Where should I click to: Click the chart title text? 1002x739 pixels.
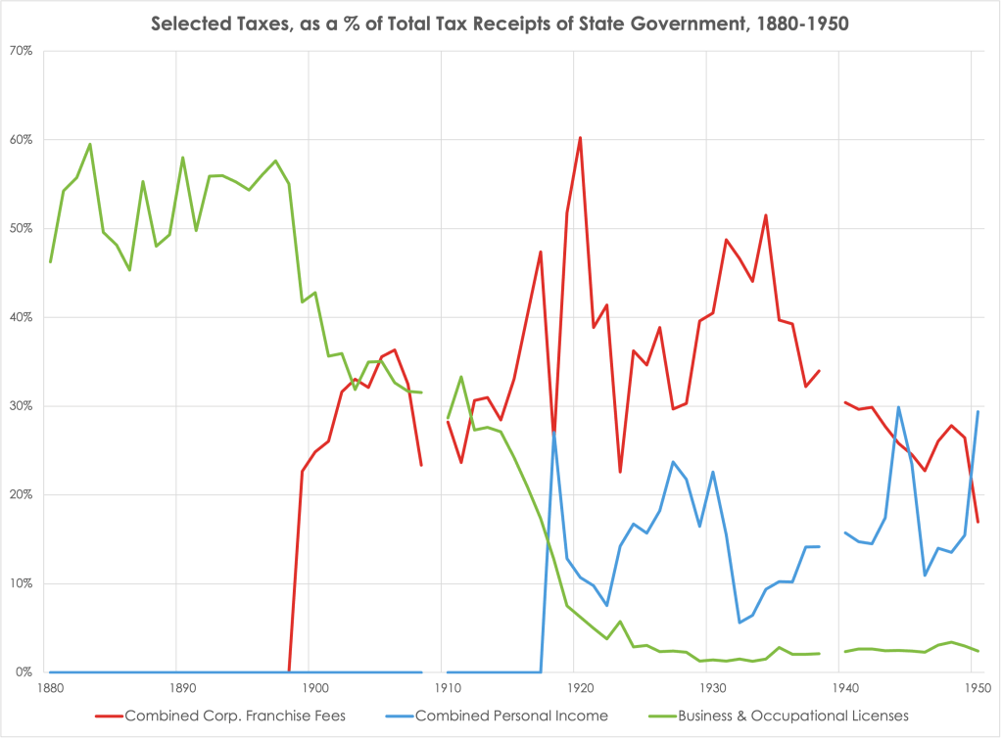[500, 23]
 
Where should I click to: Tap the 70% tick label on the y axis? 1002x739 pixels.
[23, 51]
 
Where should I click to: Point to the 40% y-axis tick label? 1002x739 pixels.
[23, 317]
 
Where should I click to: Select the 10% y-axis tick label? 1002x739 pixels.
[23, 583]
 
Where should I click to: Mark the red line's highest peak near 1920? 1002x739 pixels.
[580, 137]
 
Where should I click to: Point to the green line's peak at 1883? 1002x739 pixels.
[90, 144]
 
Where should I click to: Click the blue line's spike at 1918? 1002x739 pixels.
[554, 432]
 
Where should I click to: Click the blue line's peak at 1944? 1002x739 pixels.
[898, 407]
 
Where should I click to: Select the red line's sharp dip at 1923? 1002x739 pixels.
[620, 473]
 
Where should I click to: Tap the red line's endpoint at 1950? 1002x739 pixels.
[978, 522]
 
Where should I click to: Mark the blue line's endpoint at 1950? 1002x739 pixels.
[978, 412]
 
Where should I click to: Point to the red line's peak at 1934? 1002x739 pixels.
[765, 215]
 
